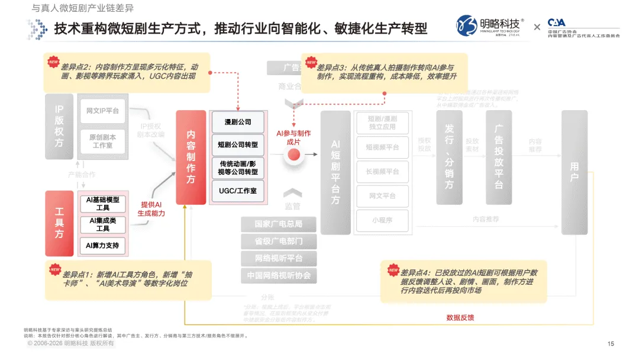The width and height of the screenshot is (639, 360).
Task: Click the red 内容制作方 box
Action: coord(191,157)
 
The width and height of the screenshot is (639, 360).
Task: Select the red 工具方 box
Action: coord(59,223)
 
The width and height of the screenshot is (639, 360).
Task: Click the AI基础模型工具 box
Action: coord(103,204)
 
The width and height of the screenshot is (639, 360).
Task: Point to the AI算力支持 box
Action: coord(103,245)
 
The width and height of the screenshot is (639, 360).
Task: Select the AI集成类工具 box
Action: coord(103,224)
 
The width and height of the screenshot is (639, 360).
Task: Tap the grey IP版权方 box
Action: coord(59,126)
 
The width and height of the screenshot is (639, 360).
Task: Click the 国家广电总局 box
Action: coord(278,224)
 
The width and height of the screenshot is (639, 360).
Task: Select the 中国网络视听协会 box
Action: coord(278,275)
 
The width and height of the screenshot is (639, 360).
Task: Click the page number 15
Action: coord(611,343)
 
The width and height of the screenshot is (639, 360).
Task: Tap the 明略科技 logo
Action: coord(490,25)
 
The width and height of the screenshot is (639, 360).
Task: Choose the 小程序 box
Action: coord(382,220)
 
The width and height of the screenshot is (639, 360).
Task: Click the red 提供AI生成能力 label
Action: coord(151,209)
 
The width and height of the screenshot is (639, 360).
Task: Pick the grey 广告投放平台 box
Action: coord(499,157)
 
